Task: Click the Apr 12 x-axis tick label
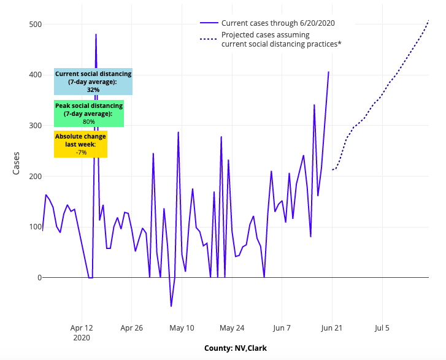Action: coord(82,327)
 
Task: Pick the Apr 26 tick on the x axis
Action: coord(132,327)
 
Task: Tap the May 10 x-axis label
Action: coord(182,327)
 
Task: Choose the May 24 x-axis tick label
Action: coord(232,327)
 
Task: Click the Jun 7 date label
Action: coord(282,327)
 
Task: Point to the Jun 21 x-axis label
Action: coord(331,327)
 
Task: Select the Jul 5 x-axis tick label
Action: coord(382,327)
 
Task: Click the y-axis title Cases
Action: coord(17,163)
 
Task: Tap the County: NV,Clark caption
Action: coord(236,348)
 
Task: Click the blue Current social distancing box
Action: coord(93,82)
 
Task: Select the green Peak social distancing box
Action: coord(89,113)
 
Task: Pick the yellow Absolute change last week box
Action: coord(80,144)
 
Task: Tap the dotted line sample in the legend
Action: coord(209,39)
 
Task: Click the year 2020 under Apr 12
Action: coord(82,337)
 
